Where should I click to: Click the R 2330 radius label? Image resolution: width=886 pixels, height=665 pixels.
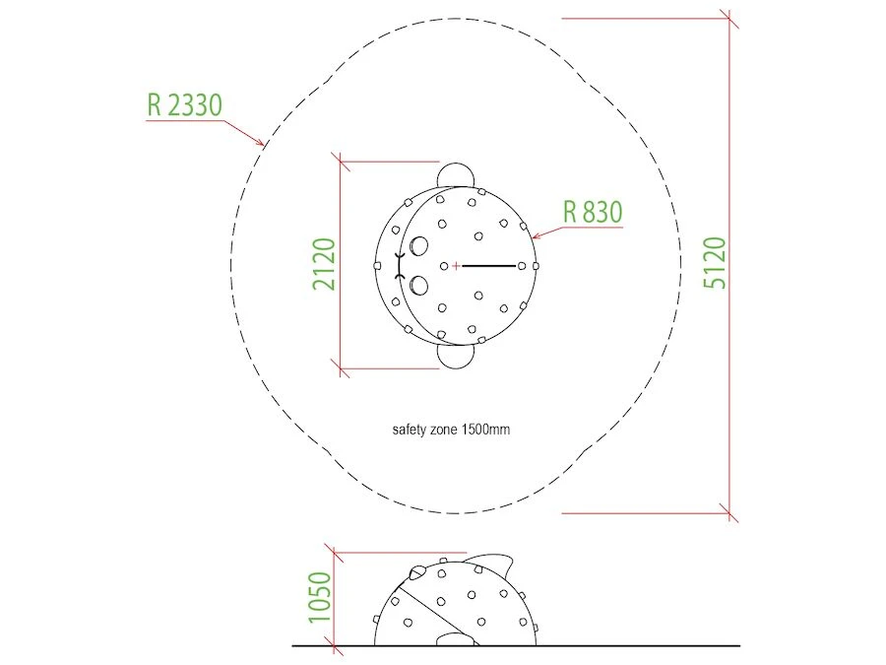pos(185,104)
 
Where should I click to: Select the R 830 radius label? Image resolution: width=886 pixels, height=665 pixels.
pos(593,212)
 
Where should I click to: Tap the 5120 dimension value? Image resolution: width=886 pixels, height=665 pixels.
pos(715,263)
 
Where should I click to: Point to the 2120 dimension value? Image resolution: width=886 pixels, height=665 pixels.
pos(324,264)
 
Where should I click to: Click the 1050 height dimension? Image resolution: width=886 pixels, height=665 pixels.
pos(319,597)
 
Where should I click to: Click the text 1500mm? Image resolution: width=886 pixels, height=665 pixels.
pos(486,430)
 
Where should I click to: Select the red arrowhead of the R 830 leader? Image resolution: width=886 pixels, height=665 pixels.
pos(536,235)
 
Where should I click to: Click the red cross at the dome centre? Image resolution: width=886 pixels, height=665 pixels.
pos(456,266)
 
